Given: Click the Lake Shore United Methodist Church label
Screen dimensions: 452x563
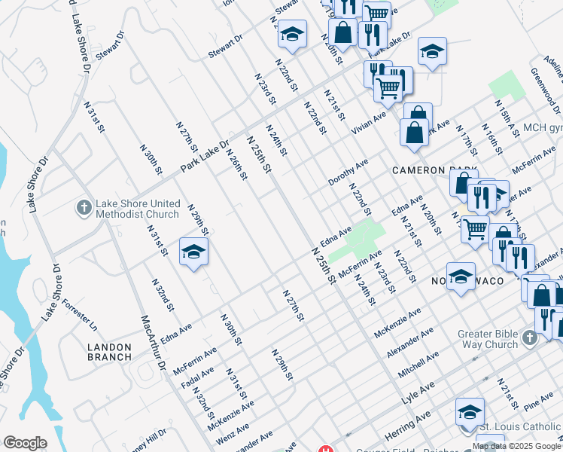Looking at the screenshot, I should (139, 209).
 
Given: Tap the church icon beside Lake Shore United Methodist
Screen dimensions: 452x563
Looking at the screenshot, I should (85, 206).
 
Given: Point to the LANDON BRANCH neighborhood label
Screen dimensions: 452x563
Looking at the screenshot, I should (110, 352).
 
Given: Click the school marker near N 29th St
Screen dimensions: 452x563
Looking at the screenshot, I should (193, 252).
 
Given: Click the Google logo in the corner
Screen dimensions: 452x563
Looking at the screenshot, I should (26, 443).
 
